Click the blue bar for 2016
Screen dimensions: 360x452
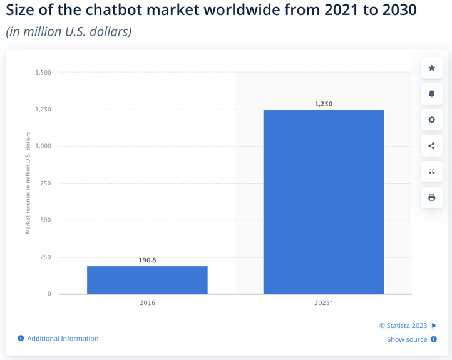click(147, 280)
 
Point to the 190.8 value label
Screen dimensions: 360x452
click(147, 260)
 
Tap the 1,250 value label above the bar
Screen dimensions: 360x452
click(324, 104)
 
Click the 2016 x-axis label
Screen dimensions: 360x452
click(147, 303)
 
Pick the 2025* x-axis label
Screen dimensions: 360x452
click(324, 303)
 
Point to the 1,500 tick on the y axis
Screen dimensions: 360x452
click(43, 73)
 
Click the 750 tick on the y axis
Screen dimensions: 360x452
click(45, 183)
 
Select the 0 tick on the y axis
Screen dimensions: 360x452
click(49, 294)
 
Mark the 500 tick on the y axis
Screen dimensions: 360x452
click(45, 220)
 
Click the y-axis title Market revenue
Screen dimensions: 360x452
click(28, 183)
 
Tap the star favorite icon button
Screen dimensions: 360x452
click(431, 68)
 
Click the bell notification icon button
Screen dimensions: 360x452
click(431, 94)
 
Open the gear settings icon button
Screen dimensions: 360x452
click(431, 120)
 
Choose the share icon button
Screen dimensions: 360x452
click(431, 146)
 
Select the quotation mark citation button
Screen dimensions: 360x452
click(431, 172)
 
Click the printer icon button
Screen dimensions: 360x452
click(431, 198)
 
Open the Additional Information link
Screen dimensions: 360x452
click(62, 339)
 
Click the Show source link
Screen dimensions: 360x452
click(407, 339)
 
